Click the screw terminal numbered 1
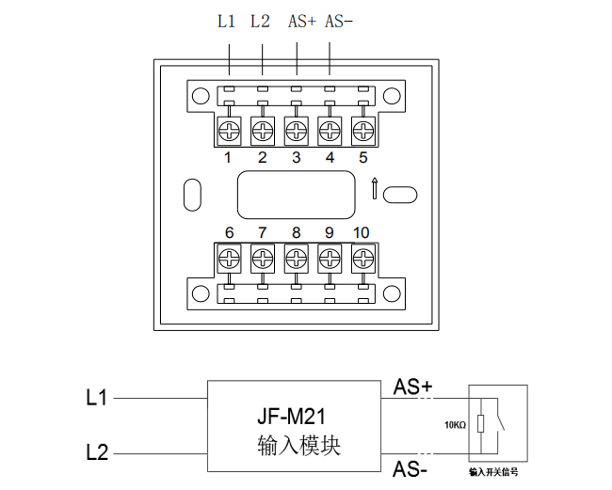coord(229,129)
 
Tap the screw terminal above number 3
coord(296,129)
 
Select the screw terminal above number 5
coord(363,129)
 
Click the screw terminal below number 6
coord(229,257)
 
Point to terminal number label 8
coord(296,233)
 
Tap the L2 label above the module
coord(261,22)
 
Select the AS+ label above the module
coord(300,22)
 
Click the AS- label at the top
coord(338,22)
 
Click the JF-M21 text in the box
coord(298,415)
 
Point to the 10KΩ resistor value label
coord(455,424)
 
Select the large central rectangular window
coord(296,194)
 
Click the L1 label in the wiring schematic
coord(96,399)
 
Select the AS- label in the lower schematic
coord(411,467)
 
